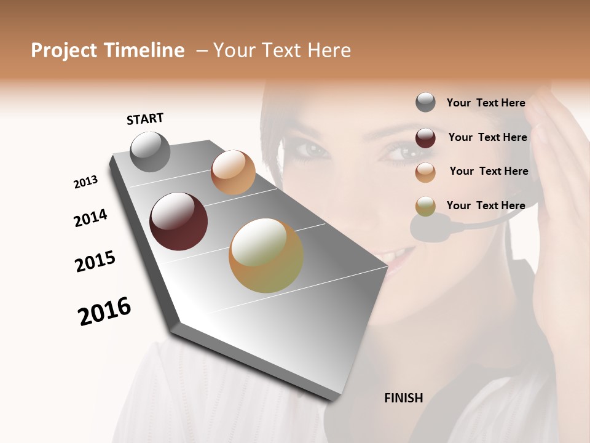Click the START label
tap(145, 119)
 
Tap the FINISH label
tap(404, 398)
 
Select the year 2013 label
tap(85, 182)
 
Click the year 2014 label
tap(90, 218)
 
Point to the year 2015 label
tap(95, 261)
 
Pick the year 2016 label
tap(104, 311)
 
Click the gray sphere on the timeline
tap(150, 152)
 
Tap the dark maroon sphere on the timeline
tap(178, 221)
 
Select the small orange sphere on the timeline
tap(233, 172)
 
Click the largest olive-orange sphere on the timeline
tap(266, 255)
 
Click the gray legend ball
tap(425, 103)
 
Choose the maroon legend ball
tap(425, 138)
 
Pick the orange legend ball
tap(425, 172)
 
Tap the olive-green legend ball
tap(425, 206)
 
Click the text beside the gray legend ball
tap(486, 103)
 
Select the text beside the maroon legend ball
tap(487, 137)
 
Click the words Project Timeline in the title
tap(108, 50)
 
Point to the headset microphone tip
tap(430, 228)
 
